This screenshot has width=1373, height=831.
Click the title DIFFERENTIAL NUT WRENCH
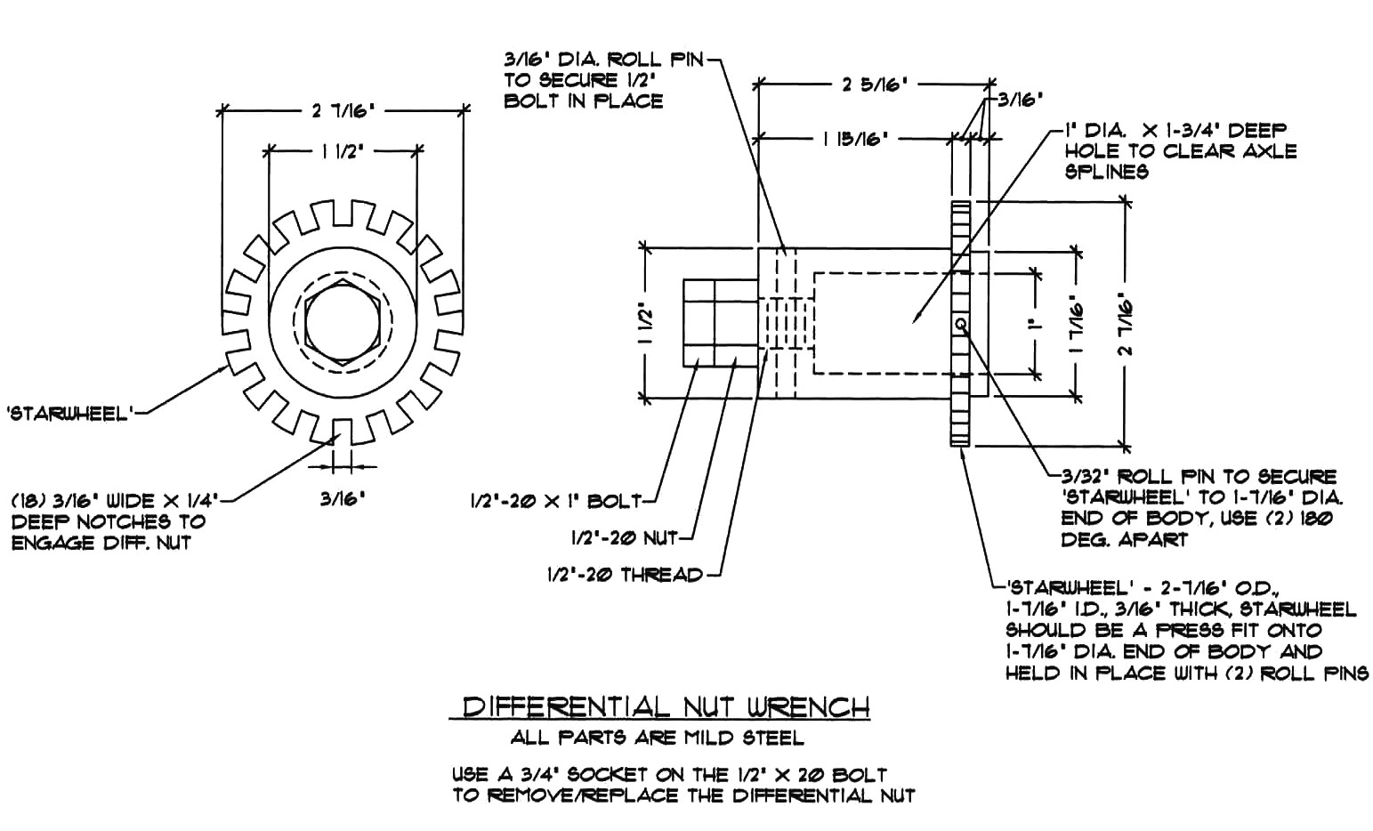666,707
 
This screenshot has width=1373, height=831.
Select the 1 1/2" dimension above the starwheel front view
341,150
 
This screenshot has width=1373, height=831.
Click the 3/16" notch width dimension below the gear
343,498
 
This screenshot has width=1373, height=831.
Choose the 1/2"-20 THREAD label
625,575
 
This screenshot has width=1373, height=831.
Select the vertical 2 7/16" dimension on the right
1126,323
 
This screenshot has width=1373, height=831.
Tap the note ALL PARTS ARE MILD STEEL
657,738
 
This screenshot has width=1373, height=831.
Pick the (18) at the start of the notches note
25,501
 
